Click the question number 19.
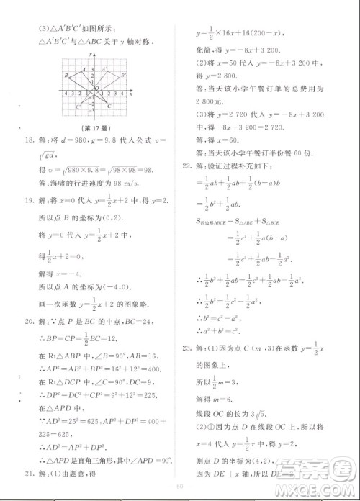point(29,204)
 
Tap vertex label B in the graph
point(66,76)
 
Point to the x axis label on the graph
point(130,94)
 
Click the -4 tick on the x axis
point(66,94)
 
